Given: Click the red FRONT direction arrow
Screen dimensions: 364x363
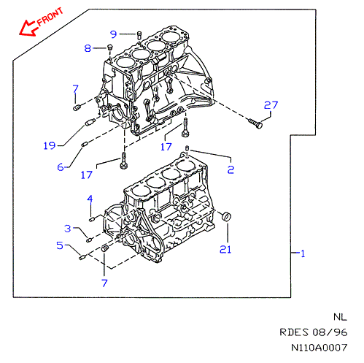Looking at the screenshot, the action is point(28,28).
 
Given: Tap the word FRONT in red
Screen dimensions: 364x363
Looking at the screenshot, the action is point(50,17).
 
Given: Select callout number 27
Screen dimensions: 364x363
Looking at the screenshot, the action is point(271,105).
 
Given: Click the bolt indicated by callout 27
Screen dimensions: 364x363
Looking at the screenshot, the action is point(255,123).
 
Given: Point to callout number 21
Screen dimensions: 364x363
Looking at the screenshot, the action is point(225,249).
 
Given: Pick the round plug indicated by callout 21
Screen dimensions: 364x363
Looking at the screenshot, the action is point(227,217).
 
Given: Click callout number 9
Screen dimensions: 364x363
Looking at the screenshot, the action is point(114,34).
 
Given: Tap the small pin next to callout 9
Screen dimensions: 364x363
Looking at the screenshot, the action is point(139,35).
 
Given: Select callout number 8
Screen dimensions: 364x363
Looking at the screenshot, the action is point(88,48).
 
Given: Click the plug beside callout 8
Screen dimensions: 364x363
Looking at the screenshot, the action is point(110,47).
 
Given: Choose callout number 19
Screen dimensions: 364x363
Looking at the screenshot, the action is point(50,145).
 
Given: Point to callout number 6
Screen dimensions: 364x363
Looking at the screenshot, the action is point(61,167).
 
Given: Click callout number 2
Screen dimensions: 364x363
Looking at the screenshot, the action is point(231,169).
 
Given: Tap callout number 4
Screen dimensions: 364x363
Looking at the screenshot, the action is point(90,199).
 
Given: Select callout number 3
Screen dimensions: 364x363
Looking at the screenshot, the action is point(68,229).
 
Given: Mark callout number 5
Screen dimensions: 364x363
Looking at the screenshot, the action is point(60,245).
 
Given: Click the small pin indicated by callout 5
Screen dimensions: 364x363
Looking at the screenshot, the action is point(82,257).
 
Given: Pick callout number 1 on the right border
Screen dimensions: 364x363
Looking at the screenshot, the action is point(303,253).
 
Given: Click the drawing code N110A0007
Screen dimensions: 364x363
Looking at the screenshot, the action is point(320,348).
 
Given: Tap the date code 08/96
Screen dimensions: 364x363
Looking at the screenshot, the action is point(330,332).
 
